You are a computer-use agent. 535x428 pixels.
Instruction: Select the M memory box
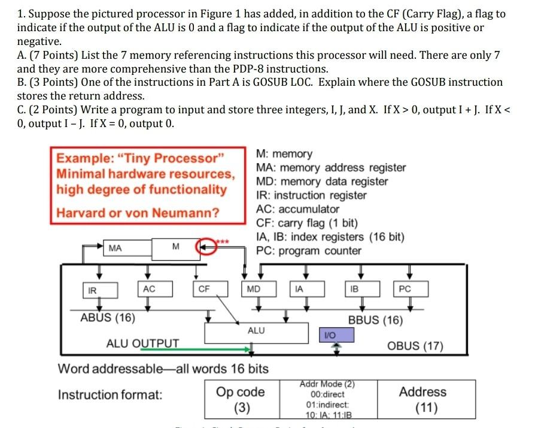[x=175, y=247]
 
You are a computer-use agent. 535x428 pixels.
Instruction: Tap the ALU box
[x=256, y=331]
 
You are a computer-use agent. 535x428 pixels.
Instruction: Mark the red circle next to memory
[x=207, y=246]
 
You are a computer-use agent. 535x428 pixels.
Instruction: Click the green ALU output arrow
[x=215, y=349]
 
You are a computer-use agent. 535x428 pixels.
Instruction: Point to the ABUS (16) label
[x=108, y=318]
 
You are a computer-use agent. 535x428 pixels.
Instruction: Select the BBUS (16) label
[x=375, y=320]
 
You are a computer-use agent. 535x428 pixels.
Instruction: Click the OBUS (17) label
[x=415, y=346]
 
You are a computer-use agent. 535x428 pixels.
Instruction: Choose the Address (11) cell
[x=422, y=399]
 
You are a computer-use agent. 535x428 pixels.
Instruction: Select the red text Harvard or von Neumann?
[x=138, y=213]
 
